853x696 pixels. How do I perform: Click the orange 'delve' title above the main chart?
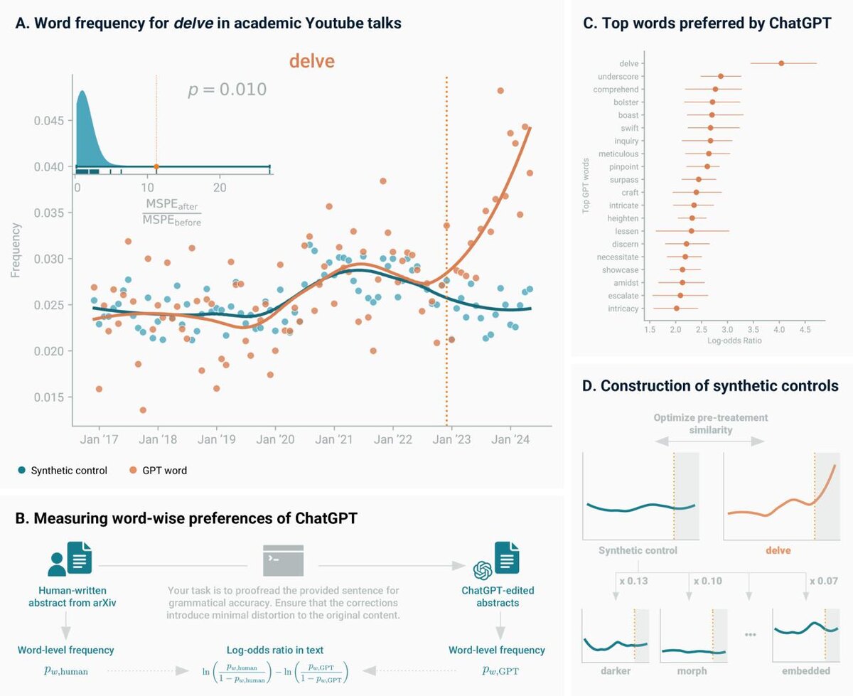[x=311, y=61]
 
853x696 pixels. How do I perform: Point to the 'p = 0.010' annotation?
[x=227, y=90]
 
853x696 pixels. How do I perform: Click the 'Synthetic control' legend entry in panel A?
[x=63, y=470]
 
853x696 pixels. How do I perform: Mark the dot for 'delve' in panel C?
[x=781, y=63]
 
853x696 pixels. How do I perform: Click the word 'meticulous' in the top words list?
[x=618, y=154]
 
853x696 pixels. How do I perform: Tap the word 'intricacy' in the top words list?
[x=623, y=309]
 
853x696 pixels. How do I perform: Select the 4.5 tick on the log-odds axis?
[x=805, y=330]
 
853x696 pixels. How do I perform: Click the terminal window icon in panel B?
[x=283, y=560]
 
